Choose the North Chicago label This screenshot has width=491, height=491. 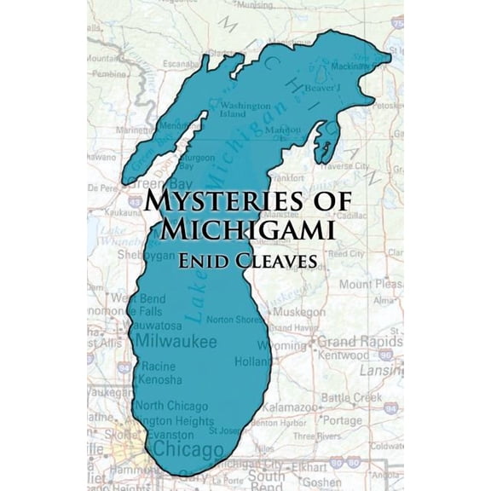pos(167,406)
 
